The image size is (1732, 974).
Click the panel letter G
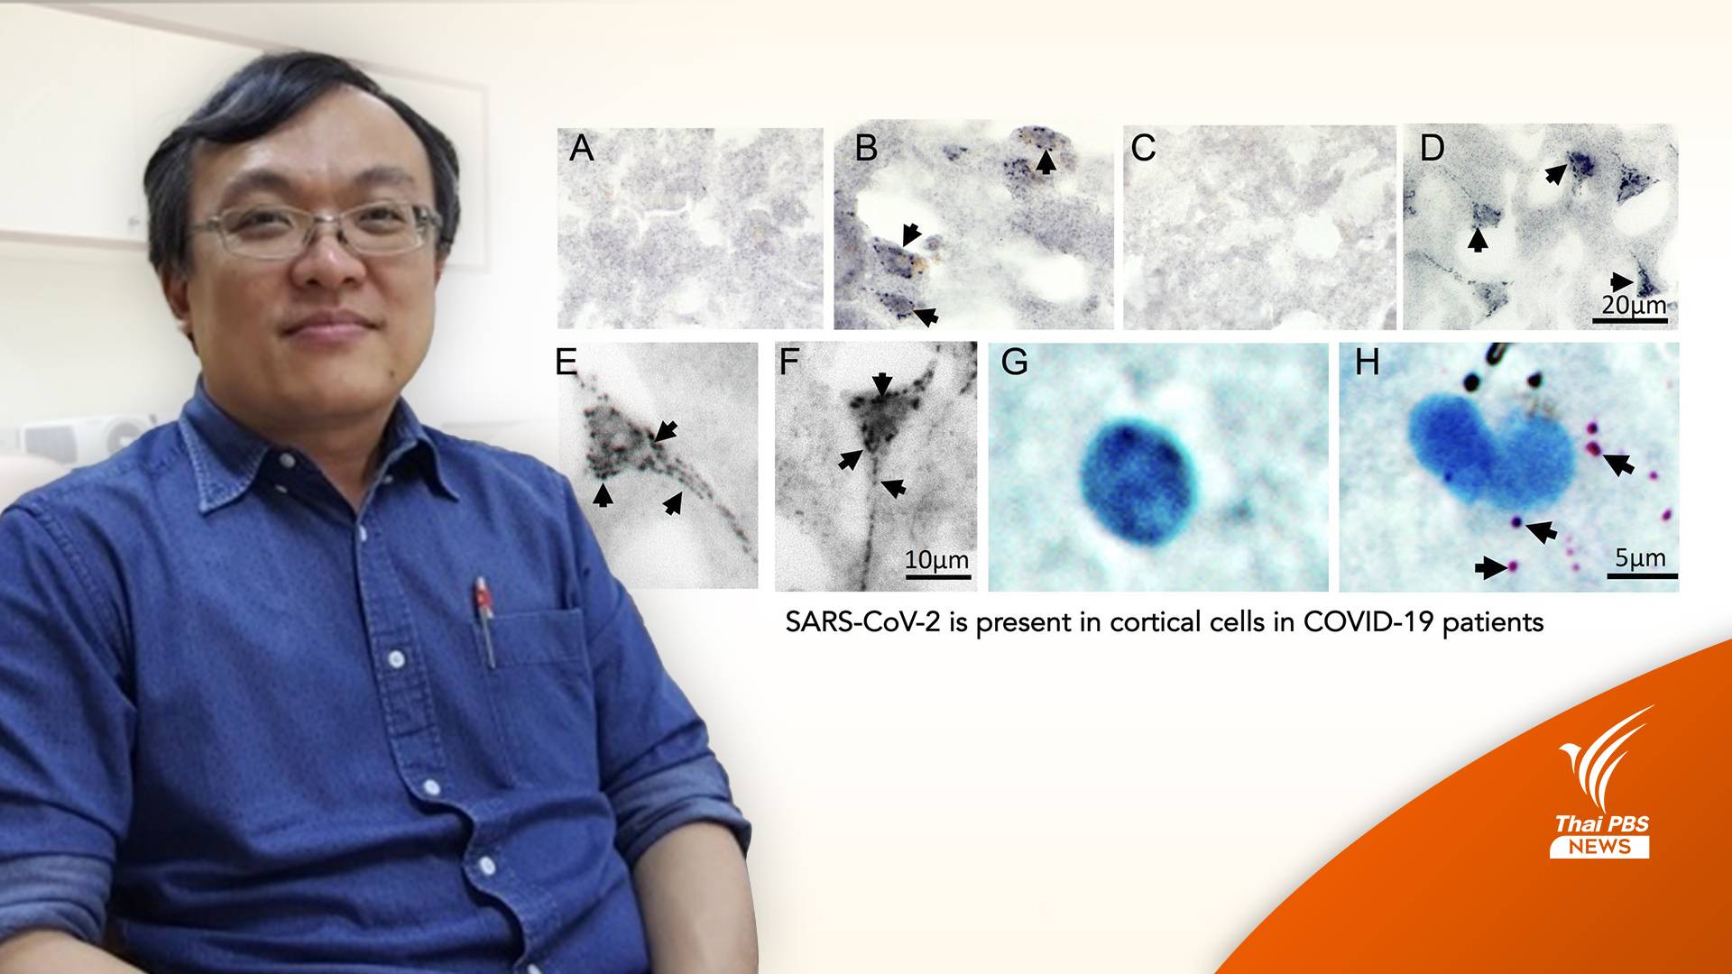point(1015,363)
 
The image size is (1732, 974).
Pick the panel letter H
point(1367,363)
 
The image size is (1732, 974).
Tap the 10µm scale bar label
point(937,560)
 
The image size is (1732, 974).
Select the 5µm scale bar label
point(1640,558)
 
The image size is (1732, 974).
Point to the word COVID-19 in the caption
point(1355,622)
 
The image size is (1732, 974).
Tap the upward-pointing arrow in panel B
point(1045,161)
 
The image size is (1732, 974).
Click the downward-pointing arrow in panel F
point(882,383)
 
